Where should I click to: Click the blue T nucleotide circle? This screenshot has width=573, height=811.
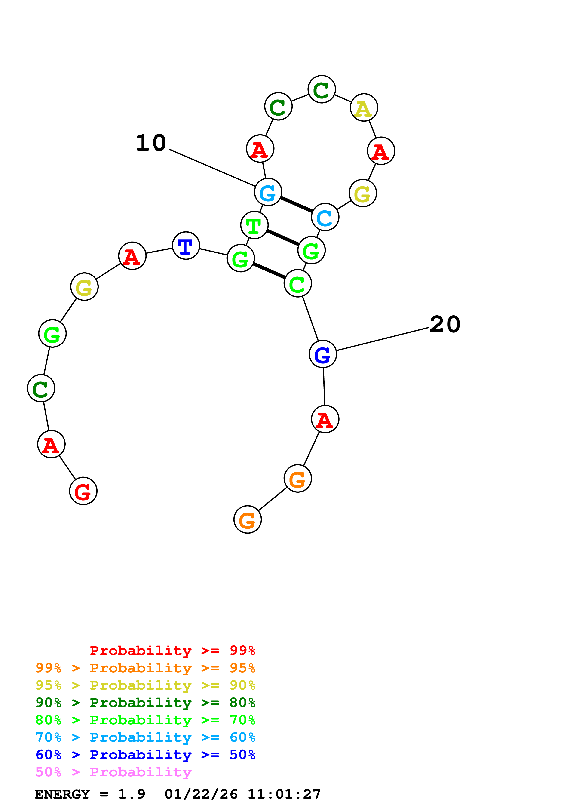coord(186,246)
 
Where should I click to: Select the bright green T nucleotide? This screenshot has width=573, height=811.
coord(254,225)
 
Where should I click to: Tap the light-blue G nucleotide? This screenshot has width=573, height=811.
coord(268,192)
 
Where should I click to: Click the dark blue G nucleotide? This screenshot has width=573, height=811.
coord(323,354)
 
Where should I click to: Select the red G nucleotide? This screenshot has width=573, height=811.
coord(83,491)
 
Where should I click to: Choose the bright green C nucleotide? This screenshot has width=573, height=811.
coord(298,283)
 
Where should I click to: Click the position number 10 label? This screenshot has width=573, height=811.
coord(151,143)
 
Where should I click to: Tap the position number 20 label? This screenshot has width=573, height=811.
coord(445,324)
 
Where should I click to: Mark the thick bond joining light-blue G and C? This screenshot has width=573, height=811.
coord(297,205)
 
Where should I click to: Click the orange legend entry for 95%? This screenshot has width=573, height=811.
coord(145,668)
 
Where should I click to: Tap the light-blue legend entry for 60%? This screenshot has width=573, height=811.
coord(145,737)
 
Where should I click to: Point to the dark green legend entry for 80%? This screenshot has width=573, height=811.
coord(145,703)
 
